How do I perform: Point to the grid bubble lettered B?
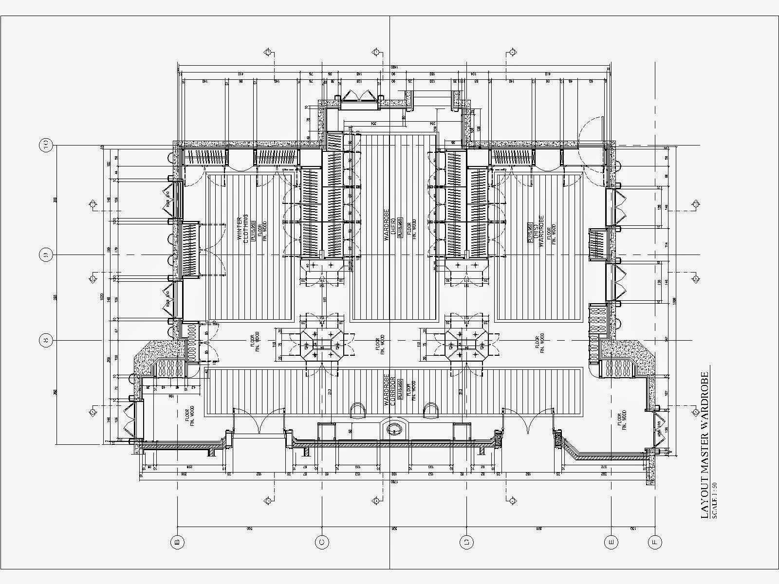178,542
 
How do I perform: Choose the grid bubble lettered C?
322,542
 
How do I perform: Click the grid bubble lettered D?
466,542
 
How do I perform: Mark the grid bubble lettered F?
655,542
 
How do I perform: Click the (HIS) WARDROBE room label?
538,229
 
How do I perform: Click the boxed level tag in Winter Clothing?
253,227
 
